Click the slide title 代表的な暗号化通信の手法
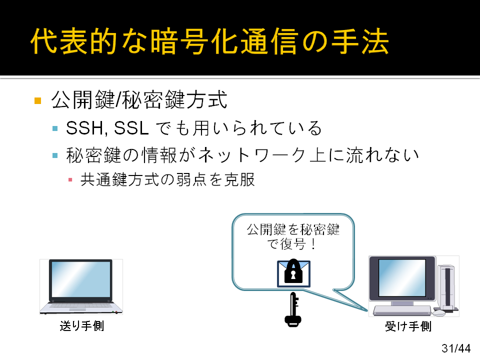209,41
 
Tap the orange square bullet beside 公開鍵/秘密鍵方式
38,100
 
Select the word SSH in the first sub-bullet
85,128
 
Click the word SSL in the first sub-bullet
131,128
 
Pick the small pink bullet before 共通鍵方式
70,179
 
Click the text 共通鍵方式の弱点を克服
167,179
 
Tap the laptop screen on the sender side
81,279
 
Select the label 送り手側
81,326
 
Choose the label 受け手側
408,326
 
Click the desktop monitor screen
402,278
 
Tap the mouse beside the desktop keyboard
438,313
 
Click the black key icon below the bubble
293,309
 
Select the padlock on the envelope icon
293,271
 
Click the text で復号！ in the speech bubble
291,244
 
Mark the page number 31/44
456,348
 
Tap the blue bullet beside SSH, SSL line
55,128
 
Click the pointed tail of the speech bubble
366,310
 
